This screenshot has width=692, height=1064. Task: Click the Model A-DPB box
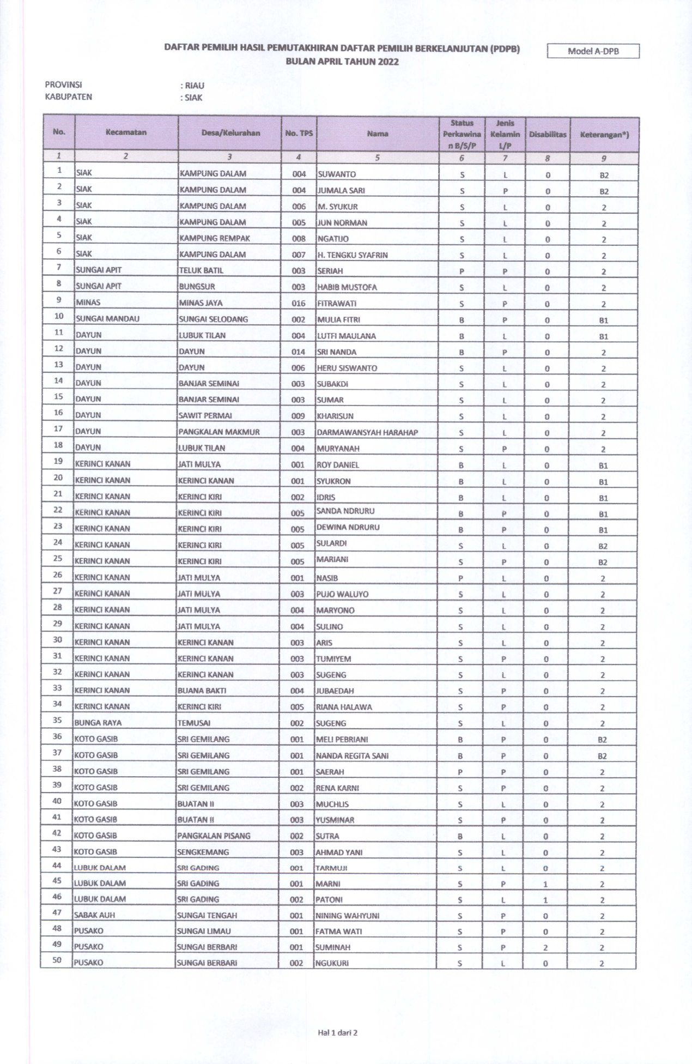pos(593,51)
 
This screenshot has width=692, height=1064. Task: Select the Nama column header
pos(377,134)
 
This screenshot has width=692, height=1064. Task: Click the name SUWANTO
pos(337,174)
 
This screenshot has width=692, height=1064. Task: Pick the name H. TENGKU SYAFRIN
pos(353,255)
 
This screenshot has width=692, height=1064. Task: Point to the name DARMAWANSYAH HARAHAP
pos(367,433)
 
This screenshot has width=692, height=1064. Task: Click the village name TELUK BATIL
pos(201,271)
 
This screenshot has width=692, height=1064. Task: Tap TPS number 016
pos(298,304)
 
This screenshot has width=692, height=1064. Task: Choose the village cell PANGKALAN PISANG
pos(214,836)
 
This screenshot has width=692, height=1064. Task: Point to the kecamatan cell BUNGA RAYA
pos(98,723)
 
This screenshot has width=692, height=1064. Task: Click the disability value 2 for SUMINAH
pos(545,948)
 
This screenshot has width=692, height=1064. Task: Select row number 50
pos(57,960)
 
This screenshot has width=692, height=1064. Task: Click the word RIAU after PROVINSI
pos(195,86)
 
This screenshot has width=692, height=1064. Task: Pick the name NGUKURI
pos(332,963)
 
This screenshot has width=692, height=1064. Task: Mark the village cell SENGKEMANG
pos(203,853)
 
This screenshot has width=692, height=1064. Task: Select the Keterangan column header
pos(604,135)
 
